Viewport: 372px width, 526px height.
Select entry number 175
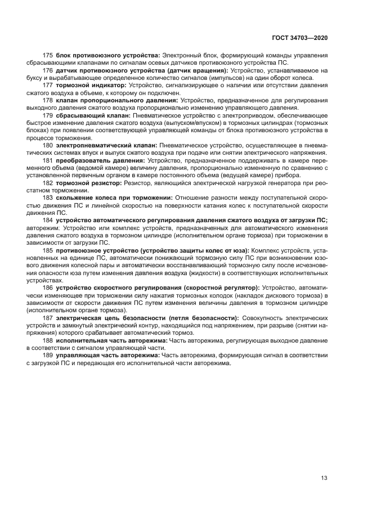point(48,55)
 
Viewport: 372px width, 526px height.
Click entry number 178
point(48,100)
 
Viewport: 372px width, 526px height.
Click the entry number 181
point(48,160)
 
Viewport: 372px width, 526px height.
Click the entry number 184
point(48,220)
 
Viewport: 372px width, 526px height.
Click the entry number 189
point(48,356)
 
